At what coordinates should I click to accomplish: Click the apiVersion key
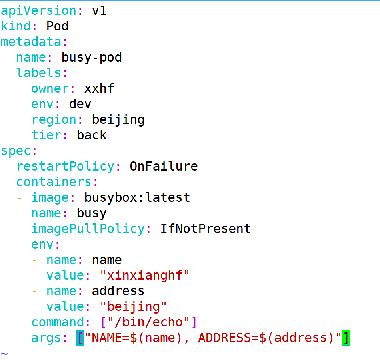tap(38, 11)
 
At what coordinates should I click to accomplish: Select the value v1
tap(99, 11)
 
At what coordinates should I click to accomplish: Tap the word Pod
tap(58, 26)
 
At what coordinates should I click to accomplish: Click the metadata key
tap(31, 42)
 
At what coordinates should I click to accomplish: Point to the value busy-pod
tap(92, 58)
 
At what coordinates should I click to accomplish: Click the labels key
tap(38, 73)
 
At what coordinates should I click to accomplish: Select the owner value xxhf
tap(99, 88)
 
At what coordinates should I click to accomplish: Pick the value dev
tap(80, 104)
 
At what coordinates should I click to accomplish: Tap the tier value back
tap(92, 135)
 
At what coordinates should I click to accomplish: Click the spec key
tap(16, 151)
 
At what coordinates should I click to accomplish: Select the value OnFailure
tap(164, 166)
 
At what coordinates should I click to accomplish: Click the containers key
tap(54, 182)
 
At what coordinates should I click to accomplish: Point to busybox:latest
tap(137, 197)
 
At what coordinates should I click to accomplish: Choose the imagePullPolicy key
tap(88, 229)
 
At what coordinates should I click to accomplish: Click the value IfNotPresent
tap(206, 229)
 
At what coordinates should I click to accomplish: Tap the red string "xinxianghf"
tap(144, 276)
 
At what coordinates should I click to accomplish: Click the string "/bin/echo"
tap(148, 322)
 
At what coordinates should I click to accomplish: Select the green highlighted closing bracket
tap(346, 338)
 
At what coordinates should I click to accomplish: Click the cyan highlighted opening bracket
tap(80, 338)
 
